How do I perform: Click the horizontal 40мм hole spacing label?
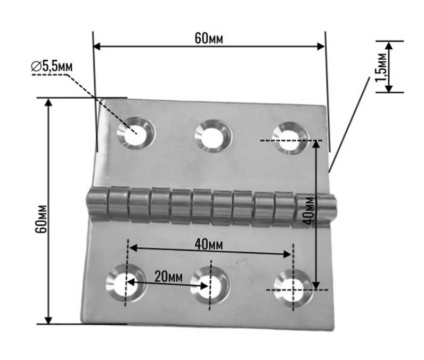point(208,244)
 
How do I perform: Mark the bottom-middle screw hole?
point(209,286)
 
